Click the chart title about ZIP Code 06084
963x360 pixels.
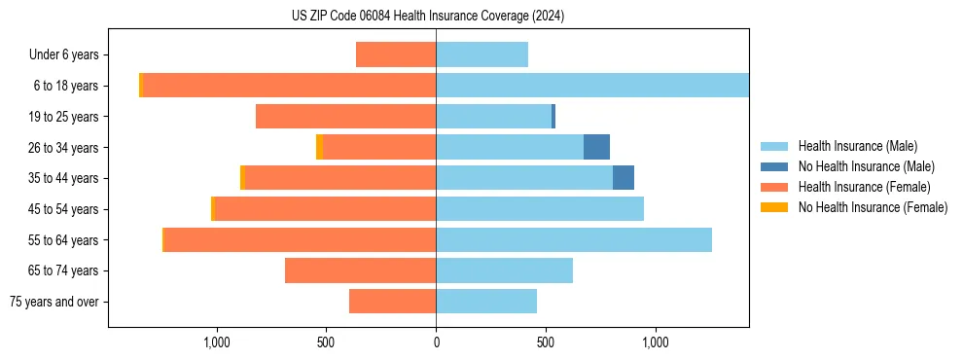click(428, 16)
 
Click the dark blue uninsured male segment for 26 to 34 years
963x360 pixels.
click(596, 147)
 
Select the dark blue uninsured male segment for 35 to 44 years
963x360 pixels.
click(624, 178)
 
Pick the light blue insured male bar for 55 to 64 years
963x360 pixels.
click(574, 239)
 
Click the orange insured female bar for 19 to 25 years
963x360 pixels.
click(345, 117)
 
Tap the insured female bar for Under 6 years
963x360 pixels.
click(396, 54)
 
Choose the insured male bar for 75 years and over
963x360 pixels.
click(486, 302)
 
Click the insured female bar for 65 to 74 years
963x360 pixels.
click(360, 270)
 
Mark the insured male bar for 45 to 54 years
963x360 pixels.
click(540, 209)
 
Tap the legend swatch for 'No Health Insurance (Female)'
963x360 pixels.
click(774, 207)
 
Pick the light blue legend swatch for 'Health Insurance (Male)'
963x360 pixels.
click(774, 146)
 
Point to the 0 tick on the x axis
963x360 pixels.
click(436, 342)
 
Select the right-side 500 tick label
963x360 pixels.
click(546, 342)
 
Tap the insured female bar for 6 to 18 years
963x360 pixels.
click(289, 86)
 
